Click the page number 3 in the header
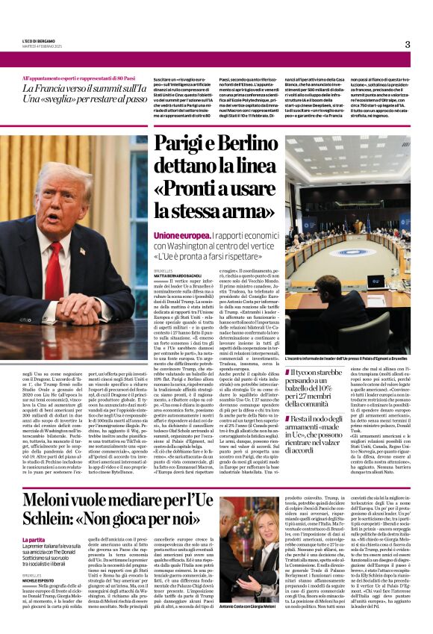407,45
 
